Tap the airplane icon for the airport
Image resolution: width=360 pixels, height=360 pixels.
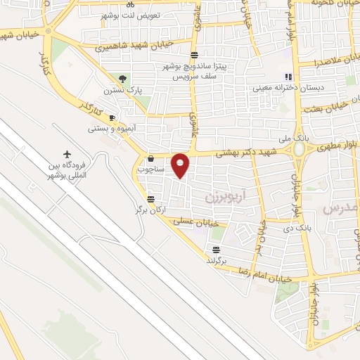click(x=67, y=154)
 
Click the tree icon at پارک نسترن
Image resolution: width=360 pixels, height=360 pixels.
click(x=124, y=79)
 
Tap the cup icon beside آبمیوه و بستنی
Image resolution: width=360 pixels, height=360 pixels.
click(x=112, y=117)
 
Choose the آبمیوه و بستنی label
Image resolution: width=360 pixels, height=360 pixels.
click(x=107, y=129)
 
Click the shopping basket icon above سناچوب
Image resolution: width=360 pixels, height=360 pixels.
click(x=151, y=159)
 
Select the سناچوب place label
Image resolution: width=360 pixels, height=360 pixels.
click(x=150, y=169)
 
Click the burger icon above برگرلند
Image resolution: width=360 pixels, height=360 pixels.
click(x=216, y=249)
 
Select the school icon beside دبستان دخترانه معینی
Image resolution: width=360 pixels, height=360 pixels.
click(x=288, y=77)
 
